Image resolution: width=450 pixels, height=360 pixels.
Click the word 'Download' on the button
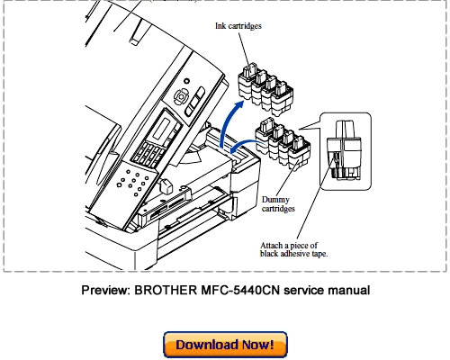tap(206, 343)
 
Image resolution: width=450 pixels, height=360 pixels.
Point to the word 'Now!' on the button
tap(264, 343)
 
